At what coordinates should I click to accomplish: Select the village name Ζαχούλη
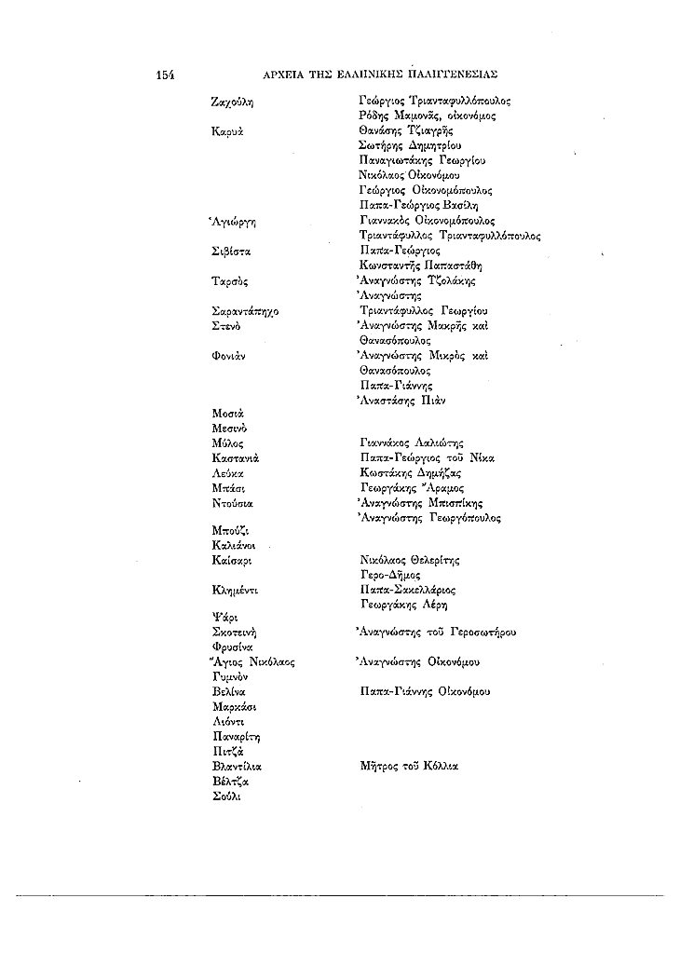tap(233, 102)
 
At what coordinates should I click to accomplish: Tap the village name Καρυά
tap(227, 131)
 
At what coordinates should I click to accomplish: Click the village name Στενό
tap(227, 326)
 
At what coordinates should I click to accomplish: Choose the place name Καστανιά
tap(235, 458)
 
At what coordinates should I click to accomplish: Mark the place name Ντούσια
tap(233, 503)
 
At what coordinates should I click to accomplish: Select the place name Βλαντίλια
tap(238, 767)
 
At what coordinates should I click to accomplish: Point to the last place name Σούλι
tap(226, 796)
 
